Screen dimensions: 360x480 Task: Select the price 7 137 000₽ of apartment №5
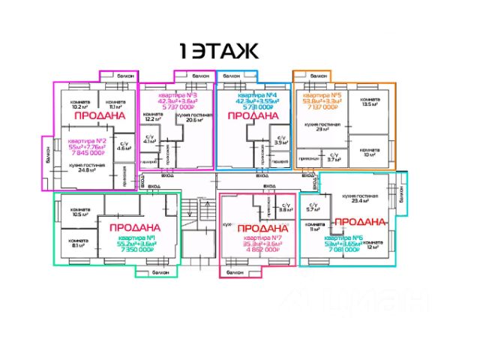click(324, 108)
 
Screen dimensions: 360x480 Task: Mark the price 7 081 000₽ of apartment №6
click(349, 252)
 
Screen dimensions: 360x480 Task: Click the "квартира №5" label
click(324, 96)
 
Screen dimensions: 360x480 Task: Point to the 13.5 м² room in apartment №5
click(368, 104)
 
